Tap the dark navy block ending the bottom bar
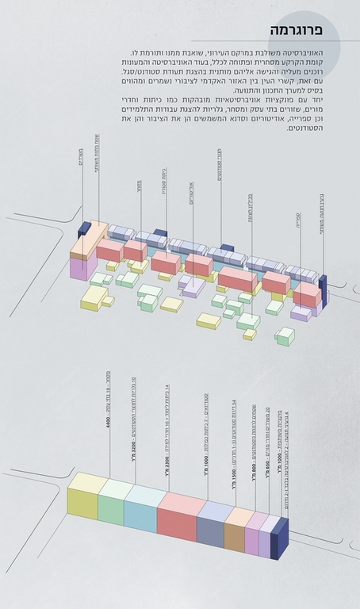click(279, 539)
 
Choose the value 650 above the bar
click(268, 484)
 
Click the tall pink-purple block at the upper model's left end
click(78, 265)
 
